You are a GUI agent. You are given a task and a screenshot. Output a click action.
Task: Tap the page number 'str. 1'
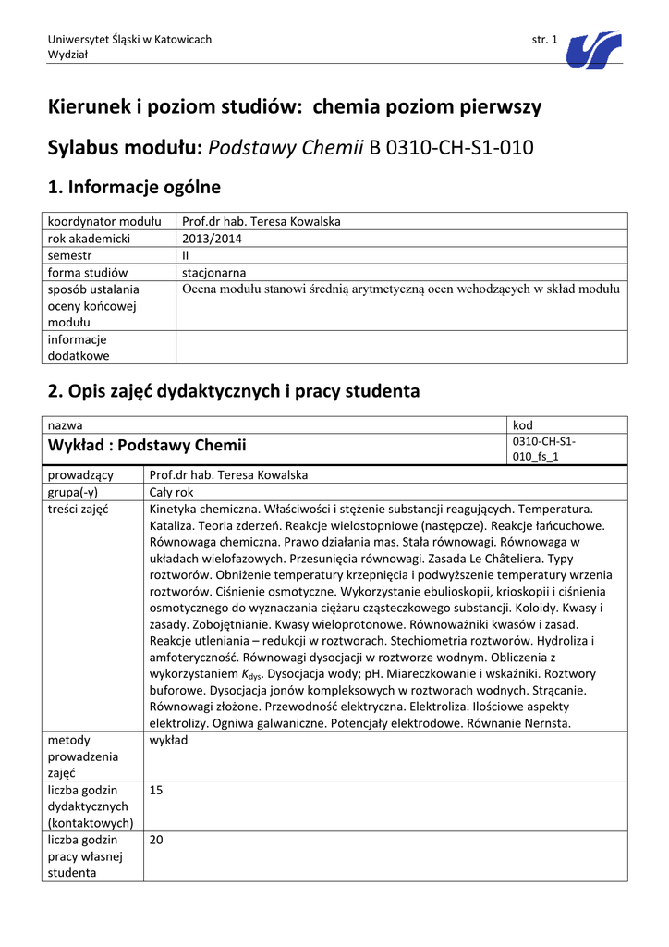[x=545, y=39]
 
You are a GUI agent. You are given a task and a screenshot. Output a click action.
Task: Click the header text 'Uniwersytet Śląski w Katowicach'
[x=129, y=39]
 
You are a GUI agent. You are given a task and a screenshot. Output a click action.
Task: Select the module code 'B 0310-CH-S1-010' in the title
[x=452, y=146]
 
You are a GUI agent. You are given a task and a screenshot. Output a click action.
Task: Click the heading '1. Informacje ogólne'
[x=134, y=188]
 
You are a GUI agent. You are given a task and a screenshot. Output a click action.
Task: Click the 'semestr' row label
[x=69, y=255]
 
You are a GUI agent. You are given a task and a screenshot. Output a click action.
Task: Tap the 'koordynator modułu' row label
[x=104, y=221]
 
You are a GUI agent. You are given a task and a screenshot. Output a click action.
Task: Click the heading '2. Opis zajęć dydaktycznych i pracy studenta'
[x=233, y=391]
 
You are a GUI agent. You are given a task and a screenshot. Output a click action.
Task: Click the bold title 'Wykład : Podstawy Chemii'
[x=149, y=446]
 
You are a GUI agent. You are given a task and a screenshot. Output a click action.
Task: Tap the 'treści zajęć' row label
[x=79, y=510]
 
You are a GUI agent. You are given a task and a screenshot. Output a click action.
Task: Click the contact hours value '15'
[x=155, y=791]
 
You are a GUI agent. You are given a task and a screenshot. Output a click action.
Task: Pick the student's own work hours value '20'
[x=156, y=840]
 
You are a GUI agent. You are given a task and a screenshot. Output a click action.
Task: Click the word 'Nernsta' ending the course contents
[x=549, y=723]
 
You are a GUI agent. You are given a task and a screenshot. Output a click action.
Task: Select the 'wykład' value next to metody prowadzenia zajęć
[x=168, y=740]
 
